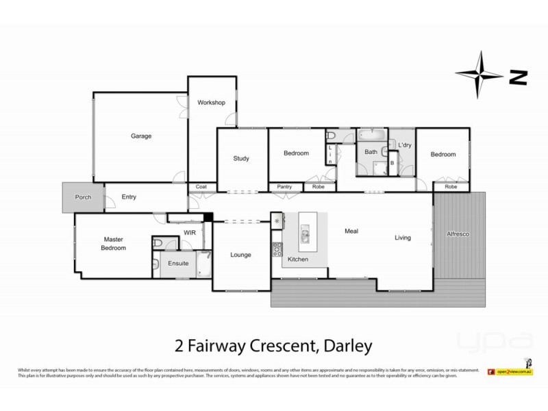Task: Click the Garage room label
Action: (x=141, y=136)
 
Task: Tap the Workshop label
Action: (x=211, y=103)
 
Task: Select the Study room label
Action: (x=240, y=158)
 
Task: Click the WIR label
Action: (x=190, y=233)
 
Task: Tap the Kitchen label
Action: (x=297, y=260)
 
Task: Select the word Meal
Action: (x=351, y=232)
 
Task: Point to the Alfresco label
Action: (x=459, y=234)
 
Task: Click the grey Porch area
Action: (x=82, y=197)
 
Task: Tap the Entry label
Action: (x=129, y=197)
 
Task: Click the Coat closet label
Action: (x=201, y=186)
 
